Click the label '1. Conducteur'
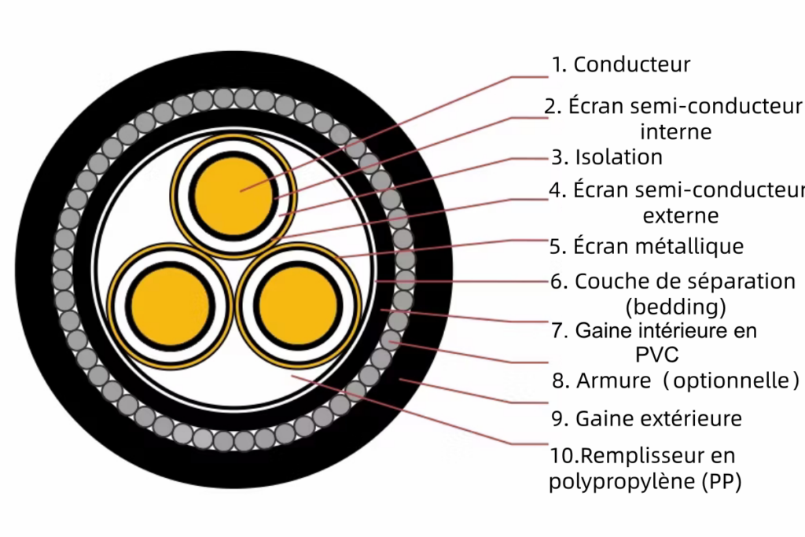pyautogui.click(x=620, y=64)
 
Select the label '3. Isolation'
pyautogui.click(x=607, y=157)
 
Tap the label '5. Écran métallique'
pyautogui.click(x=646, y=246)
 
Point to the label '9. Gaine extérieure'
pyautogui.click(x=646, y=418)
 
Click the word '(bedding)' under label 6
pyautogui.click(x=675, y=304)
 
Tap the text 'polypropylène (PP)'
pyautogui.click(x=645, y=481)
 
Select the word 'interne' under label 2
pyautogui.click(x=675, y=131)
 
